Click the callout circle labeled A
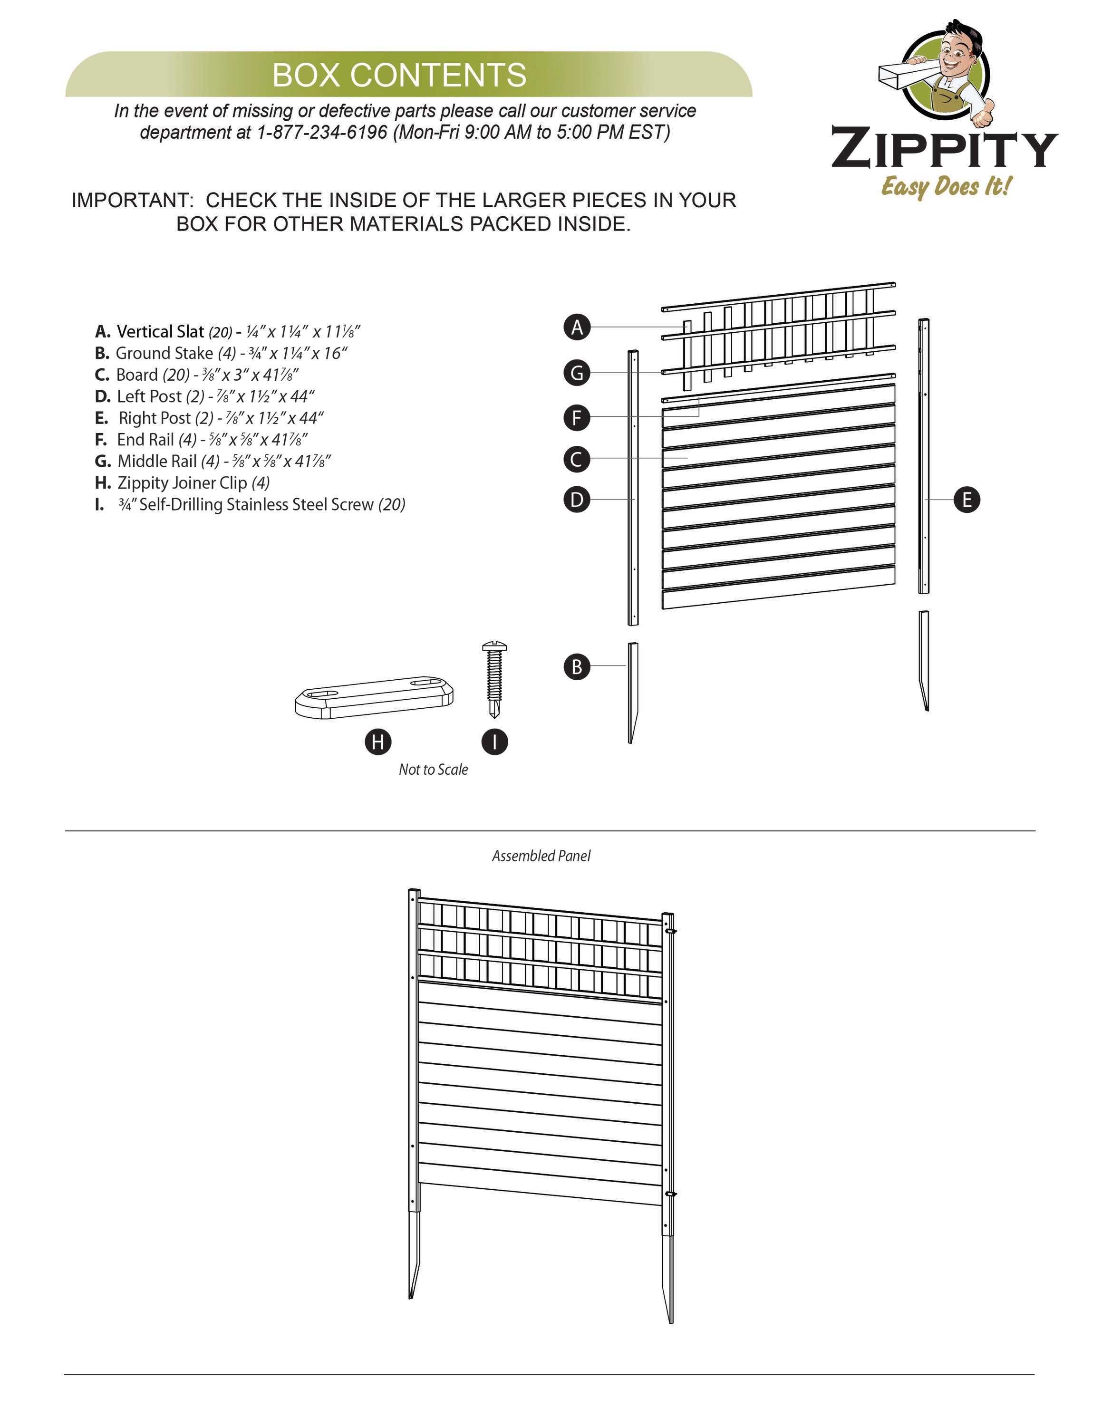point(577,327)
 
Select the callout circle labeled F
point(577,417)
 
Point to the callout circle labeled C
point(577,459)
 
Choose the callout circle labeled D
point(577,500)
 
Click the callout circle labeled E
point(966,500)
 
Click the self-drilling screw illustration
point(494,679)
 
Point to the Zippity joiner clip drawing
point(374,697)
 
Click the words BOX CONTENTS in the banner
point(399,75)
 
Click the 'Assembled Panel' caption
point(541,856)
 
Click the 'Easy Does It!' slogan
point(946,187)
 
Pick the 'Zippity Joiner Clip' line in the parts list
point(182,482)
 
